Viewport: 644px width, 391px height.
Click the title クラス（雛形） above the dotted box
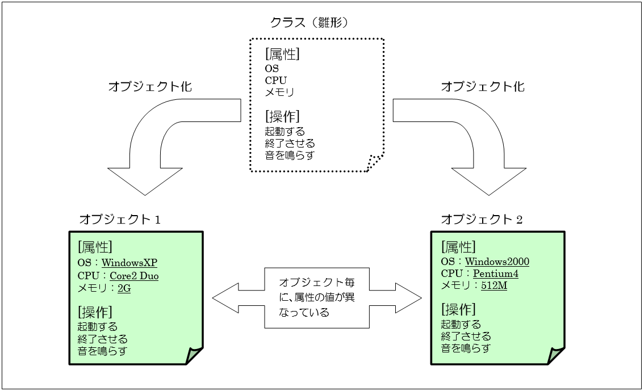309,23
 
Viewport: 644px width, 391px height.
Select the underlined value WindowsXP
129,263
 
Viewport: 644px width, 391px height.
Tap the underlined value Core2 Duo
134,276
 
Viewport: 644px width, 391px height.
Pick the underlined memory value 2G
124,288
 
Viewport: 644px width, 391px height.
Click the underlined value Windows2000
497,262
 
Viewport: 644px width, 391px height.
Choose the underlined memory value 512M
494,286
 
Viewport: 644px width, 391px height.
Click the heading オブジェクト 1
120,219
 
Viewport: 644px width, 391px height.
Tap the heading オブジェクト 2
482,219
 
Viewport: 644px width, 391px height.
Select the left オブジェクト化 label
150,87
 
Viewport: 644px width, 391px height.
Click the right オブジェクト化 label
483,87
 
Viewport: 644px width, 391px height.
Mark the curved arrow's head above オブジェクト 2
489,182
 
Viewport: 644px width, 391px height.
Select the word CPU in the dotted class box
276,80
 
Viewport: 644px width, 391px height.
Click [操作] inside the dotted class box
282,116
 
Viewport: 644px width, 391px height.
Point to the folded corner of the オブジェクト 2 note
557,355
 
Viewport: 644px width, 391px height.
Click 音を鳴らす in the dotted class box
290,155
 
